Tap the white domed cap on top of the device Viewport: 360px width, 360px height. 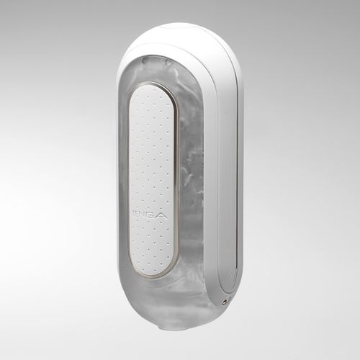pyautogui.click(x=180, y=40)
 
